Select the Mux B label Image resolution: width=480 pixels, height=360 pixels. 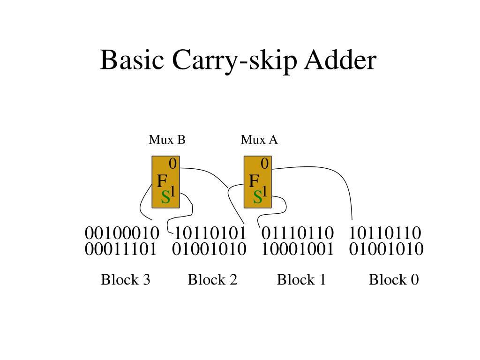click(167, 140)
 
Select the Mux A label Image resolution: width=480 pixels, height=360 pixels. click(259, 140)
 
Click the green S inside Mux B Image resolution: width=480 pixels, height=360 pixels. click(165, 198)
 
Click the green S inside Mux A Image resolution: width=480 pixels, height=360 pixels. click(257, 198)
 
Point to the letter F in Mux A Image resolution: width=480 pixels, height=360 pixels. click(254, 181)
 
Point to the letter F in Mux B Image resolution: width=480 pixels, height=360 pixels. click(162, 181)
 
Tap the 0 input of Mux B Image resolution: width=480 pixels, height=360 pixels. click(172, 164)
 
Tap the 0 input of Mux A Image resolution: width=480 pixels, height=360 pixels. click(264, 164)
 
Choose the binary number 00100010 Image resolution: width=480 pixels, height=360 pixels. click(122, 233)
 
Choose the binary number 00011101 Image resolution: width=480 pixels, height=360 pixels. click(120, 249)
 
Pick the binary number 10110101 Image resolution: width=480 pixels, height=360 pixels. click(210, 233)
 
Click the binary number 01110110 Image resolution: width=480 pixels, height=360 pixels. click(298, 233)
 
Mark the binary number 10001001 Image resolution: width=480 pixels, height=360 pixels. click(298, 249)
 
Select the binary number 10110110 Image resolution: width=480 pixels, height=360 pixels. click(385, 233)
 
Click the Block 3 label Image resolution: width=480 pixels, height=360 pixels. click(126, 280)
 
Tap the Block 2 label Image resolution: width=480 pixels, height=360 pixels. click(213, 280)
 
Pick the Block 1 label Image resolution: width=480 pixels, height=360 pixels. click(301, 280)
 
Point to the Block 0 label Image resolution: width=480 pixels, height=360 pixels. click(394, 280)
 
